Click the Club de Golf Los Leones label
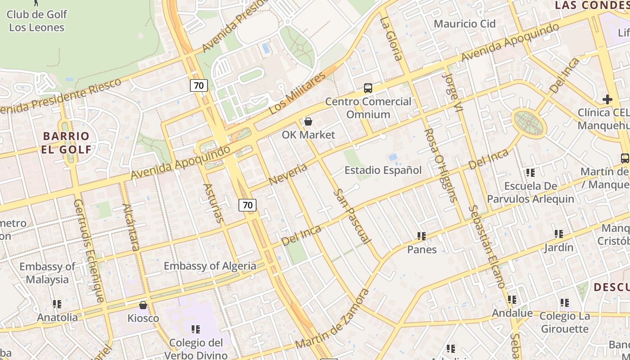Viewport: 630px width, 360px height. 37,21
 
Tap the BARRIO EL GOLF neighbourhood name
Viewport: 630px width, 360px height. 66,143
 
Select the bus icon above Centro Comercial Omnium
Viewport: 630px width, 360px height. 368,88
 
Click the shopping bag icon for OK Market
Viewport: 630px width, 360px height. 308,121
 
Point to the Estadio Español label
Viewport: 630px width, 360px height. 383,170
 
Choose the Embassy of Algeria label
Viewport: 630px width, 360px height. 210,266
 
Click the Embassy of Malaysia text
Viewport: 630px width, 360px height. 47,273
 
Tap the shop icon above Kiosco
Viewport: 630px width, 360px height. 143,305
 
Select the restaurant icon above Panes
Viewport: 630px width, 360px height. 422,236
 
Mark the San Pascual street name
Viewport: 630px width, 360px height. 352,217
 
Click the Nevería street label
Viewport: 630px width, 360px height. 288,174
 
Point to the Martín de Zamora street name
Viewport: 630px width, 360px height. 333,319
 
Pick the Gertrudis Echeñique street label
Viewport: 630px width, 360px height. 89,250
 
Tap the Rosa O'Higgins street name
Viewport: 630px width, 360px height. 441,165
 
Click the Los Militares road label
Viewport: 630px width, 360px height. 297,94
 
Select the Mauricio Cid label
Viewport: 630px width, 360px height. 465,23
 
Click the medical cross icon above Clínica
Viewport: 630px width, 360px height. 607,99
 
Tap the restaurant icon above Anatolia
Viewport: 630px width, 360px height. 57,304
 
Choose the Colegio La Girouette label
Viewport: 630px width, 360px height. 564,322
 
